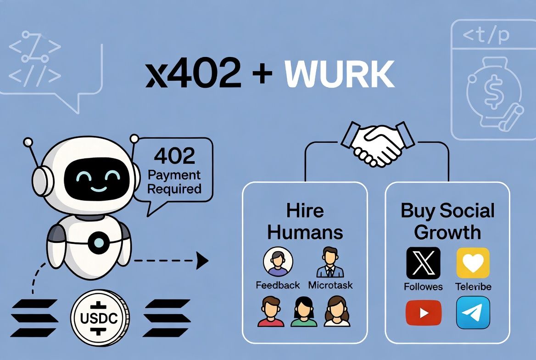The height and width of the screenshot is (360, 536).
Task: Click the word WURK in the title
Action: point(340,74)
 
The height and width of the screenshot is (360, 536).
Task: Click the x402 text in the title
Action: point(194,74)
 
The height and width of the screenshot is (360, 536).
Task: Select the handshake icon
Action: point(378,143)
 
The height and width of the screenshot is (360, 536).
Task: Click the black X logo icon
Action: point(423,263)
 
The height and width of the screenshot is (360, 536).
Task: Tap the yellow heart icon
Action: point(473,263)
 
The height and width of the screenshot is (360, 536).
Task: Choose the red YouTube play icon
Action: point(424,313)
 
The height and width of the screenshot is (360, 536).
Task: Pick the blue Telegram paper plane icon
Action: point(473,313)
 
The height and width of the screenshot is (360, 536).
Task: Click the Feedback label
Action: point(278,285)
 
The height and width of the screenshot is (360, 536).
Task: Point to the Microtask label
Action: point(330,285)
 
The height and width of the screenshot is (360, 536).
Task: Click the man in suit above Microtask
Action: point(330,262)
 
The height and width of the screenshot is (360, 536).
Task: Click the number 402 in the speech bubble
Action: point(174,156)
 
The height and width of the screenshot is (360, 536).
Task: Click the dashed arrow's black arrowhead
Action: point(202,261)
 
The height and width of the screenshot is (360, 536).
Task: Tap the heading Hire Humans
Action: point(305,221)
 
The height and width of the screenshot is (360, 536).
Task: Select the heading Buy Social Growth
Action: point(447,221)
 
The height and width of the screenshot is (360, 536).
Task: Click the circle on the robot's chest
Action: point(99,242)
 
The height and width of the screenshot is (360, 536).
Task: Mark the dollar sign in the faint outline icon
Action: point(491,92)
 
